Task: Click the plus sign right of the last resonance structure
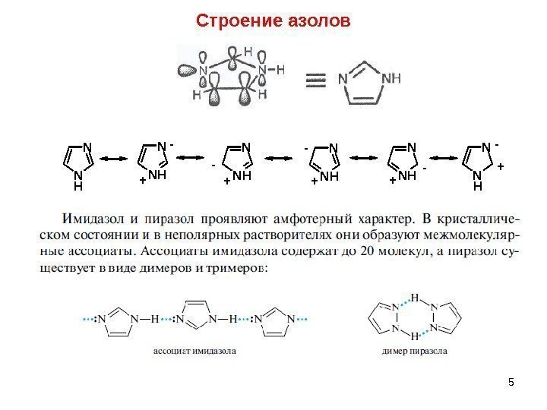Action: pyautogui.click(x=501, y=165)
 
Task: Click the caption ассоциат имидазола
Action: pyautogui.click(x=194, y=352)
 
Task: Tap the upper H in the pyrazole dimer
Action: pyautogui.click(x=414, y=297)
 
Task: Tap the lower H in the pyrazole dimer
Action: pyautogui.click(x=414, y=336)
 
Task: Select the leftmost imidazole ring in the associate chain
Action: pyautogui.click(x=114, y=320)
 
